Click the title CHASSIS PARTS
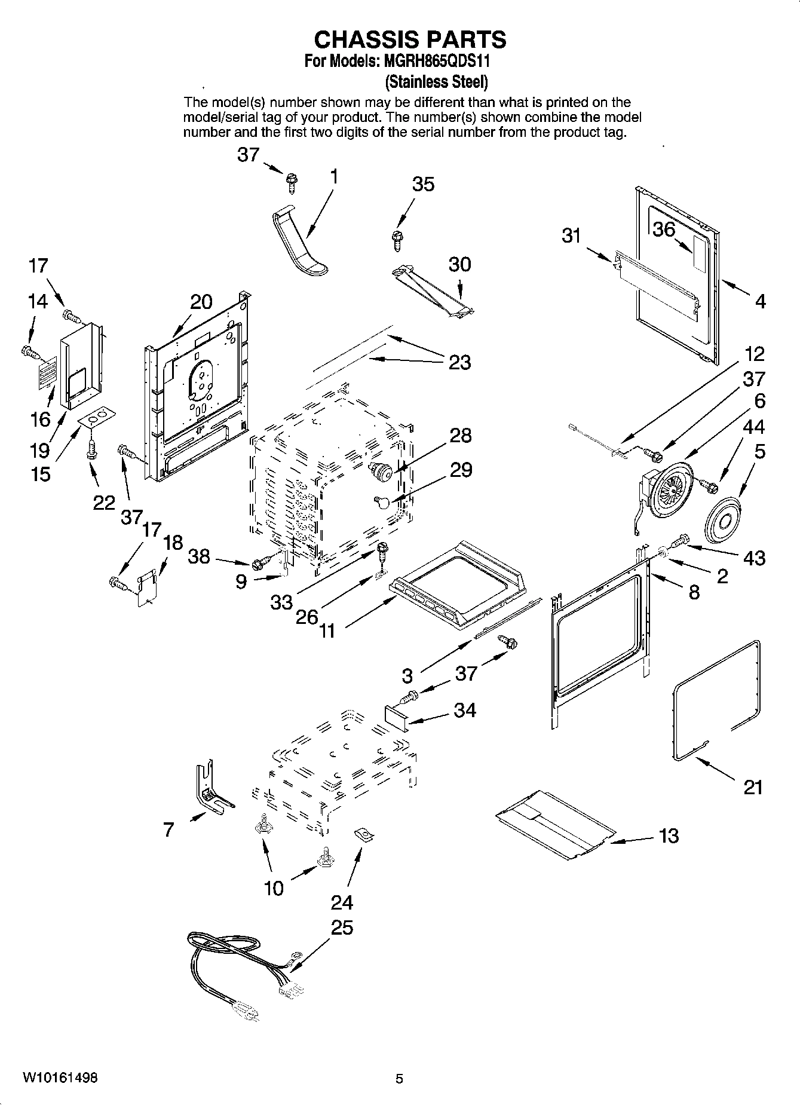coord(410,39)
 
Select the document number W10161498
coord(60,1078)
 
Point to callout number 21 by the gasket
coord(753,787)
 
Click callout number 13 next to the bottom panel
coord(669,835)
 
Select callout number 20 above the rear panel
coord(201,302)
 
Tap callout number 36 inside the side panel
coord(663,229)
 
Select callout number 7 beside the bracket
coord(168,829)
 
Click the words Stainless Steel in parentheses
coord(437,81)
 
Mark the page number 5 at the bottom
coord(399,1079)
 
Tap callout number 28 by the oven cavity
coord(461,435)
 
